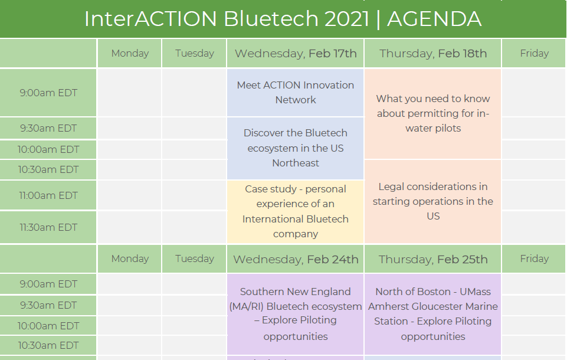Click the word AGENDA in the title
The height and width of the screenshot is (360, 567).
click(434, 18)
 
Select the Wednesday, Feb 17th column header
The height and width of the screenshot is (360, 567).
click(296, 54)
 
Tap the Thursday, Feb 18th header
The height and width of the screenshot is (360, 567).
click(433, 54)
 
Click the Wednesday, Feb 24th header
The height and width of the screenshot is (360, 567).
click(296, 259)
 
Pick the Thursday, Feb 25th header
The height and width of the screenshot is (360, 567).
click(433, 259)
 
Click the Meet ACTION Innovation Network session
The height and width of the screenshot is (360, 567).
click(296, 93)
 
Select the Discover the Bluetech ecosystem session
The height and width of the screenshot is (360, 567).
click(296, 148)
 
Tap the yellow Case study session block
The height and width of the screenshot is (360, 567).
click(296, 212)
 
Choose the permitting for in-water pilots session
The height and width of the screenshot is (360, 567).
click(433, 114)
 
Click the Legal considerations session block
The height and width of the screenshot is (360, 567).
click(433, 201)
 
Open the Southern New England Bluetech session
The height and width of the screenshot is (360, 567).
click(296, 314)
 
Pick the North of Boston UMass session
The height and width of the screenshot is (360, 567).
click(433, 314)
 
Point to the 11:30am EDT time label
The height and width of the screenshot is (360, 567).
click(48, 227)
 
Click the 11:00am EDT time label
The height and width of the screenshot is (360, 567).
click(48, 195)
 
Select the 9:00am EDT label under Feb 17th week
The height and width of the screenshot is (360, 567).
click(48, 93)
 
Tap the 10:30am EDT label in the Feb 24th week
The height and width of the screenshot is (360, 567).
click(48, 345)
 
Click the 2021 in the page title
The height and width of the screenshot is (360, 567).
click(346, 18)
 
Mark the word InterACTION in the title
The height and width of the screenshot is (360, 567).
click(150, 18)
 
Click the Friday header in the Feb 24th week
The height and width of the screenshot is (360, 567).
click(534, 258)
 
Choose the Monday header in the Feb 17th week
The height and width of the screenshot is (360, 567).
click(130, 53)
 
